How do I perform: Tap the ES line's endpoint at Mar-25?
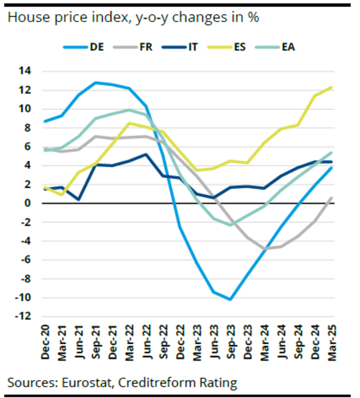(x=332, y=87)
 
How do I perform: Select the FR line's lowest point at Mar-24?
(x=264, y=249)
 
